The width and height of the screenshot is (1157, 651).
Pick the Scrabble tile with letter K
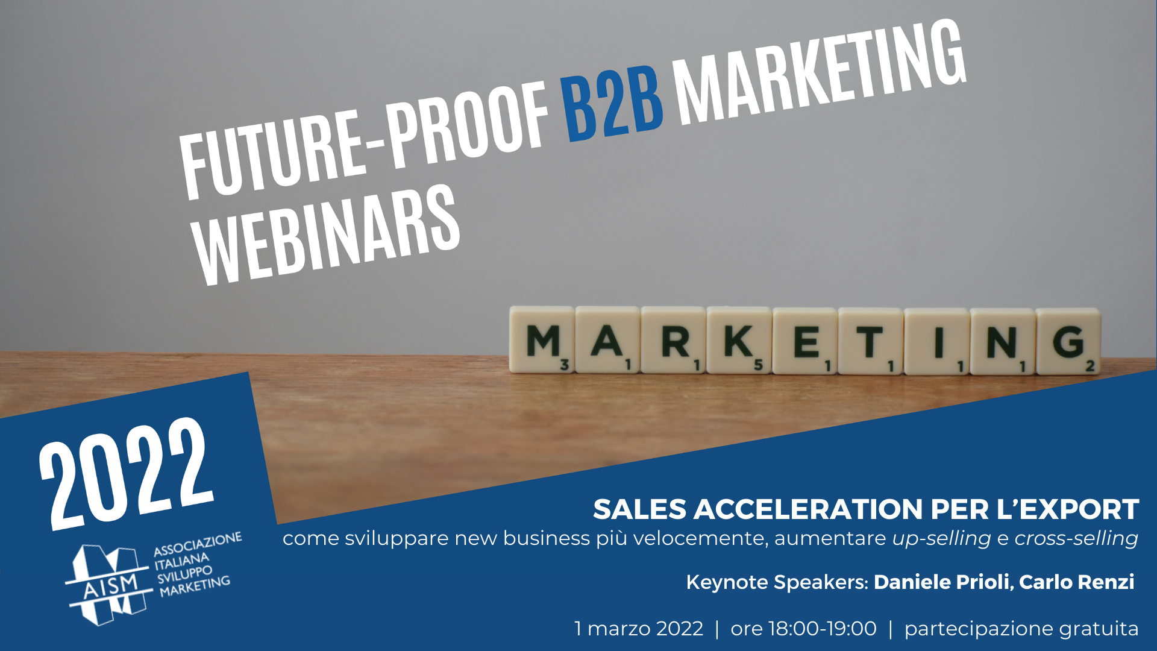click(739, 341)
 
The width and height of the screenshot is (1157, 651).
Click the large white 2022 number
click(126, 473)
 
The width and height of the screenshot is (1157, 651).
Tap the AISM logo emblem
click(108, 585)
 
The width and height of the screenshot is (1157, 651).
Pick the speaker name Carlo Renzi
click(1077, 582)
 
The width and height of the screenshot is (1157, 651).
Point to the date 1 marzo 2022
click(639, 629)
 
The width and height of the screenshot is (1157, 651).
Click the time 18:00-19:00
click(823, 629)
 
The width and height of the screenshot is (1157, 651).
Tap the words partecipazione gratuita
click(1021, 629)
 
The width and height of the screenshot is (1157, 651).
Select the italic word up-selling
click(941, 538)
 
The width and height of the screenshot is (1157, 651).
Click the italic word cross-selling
click(1076, 538)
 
